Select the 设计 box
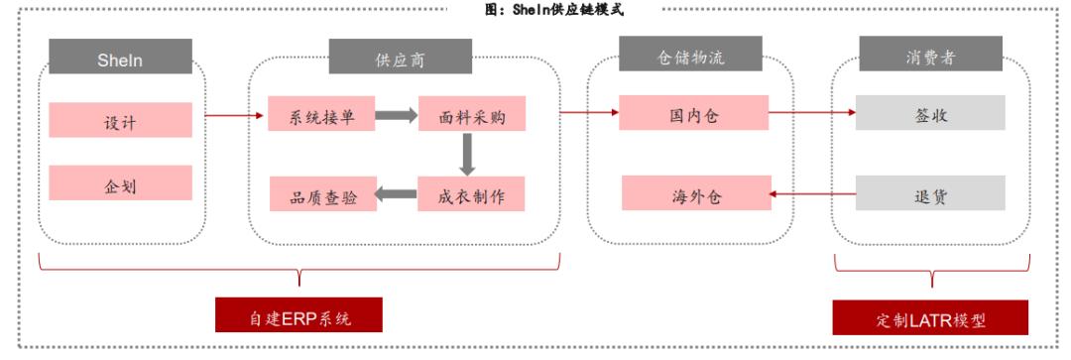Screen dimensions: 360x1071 (120, 124)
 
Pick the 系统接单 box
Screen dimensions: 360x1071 (321, 115)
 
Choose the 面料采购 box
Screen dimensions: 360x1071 (471, 115)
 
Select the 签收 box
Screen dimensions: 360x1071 (930, 114)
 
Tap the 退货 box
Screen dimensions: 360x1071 (930, 193)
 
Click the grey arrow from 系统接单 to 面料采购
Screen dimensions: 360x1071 (396, 115)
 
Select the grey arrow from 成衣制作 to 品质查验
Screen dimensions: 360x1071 (395, 194)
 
